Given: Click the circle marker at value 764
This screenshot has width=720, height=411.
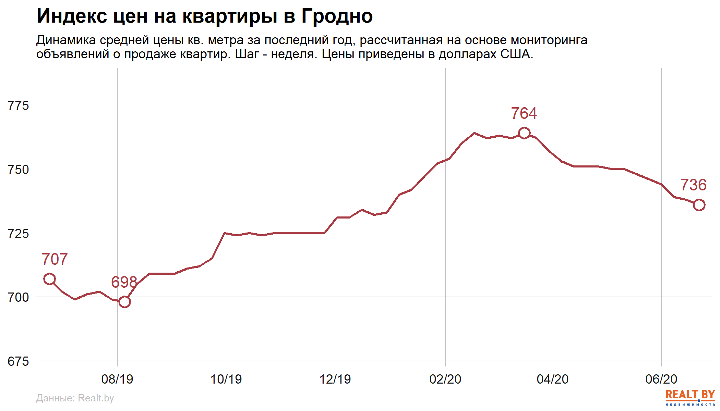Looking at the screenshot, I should (524, 133).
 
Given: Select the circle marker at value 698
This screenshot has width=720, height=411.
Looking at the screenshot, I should (124, 302).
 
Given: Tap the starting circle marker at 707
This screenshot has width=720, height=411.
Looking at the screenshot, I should (49, 279).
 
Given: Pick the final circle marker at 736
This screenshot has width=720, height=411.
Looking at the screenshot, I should (699, 205).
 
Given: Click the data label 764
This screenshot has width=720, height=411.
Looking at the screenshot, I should (524, 114).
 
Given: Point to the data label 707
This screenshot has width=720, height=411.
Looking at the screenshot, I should (55, 259).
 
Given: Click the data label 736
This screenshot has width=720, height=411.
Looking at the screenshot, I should (693, 185).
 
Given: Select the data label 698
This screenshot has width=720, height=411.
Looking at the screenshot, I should (124, 282).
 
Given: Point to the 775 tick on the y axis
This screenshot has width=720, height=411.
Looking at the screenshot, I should (19, 105).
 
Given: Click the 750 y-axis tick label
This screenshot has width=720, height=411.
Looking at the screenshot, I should (19, 170).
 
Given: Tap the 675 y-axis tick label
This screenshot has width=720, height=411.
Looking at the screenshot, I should (19, 361).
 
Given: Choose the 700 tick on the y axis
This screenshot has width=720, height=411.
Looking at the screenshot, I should (19, 297).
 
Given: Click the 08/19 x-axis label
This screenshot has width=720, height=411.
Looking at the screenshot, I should (117, 379).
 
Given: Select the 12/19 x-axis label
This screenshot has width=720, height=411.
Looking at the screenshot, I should (335, 379).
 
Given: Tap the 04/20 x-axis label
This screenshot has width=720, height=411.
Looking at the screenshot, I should (553, 379).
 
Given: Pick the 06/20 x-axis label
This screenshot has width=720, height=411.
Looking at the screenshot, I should (661, 379).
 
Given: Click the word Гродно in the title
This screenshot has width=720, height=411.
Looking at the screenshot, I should (337, 16).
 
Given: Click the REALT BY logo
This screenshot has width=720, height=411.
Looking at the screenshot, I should (690, 397).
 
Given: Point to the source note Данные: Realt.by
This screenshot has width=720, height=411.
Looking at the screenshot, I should (75, 398).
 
